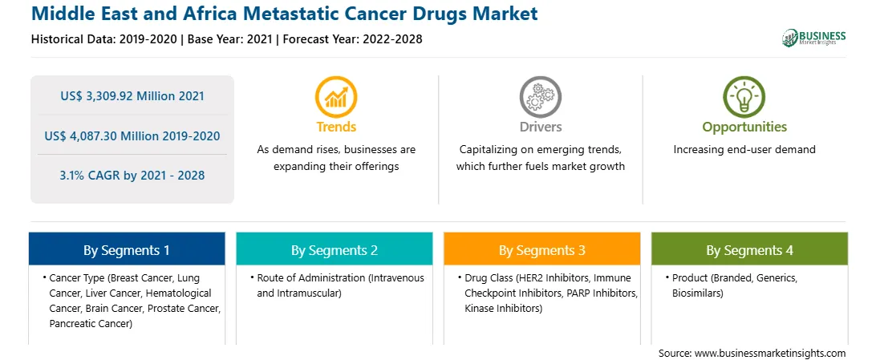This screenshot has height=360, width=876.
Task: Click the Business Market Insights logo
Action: (x=813, y=38)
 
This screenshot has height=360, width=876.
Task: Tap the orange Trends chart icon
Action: (x=336, y=96)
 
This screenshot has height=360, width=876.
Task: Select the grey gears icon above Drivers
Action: (x=540, y=96)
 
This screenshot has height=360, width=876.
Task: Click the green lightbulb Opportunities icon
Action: (x=744, y=96)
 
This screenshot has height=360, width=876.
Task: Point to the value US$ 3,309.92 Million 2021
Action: (x=132, y=96)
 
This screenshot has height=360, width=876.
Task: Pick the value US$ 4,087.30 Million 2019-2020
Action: (x=132, y=136)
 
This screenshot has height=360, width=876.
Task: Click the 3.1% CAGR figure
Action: (x=132, y=176)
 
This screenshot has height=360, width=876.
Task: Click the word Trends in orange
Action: (x=336, y=127)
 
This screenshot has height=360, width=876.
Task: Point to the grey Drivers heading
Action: (x=541, y=127)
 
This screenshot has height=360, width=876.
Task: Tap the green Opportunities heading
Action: (x=744, y=127)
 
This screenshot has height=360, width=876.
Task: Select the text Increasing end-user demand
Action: (x=744, y=150)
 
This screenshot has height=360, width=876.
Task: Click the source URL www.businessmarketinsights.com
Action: (x=770, y=354)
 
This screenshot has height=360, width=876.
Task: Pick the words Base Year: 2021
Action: (x=229, y=39)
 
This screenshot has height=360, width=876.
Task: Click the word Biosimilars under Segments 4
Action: (x=698, y=293)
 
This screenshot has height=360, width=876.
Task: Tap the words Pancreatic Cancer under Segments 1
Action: (x=91, y=323)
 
